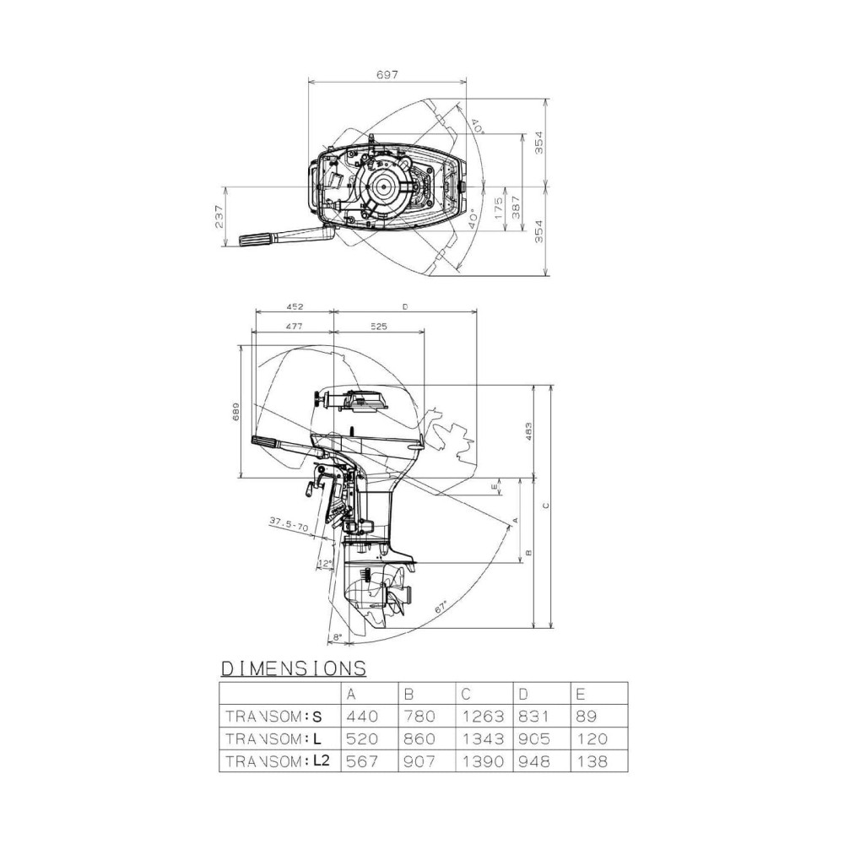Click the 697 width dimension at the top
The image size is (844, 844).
point(388,75)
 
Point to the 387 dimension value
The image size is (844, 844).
point(517,208)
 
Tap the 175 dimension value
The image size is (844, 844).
point(499,208)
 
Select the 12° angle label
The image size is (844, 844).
point(323,562)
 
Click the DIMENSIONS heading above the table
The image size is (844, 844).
point(293,668)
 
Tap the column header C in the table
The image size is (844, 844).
point(467,694)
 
